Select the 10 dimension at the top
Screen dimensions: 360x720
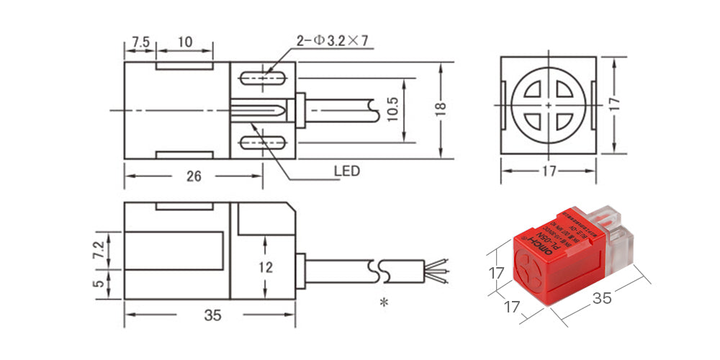tap(184, 42)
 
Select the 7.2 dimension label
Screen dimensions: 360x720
tap(99, 251)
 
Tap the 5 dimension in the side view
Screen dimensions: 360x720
tap(99, 284)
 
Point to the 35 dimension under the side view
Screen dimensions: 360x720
tap(212, 315)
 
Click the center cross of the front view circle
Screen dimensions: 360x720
tap(549, 107)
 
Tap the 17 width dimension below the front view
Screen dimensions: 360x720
tap(549, 171)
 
